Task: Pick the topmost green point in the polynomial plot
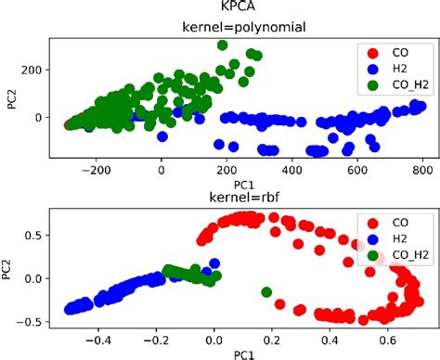click(x=222, y=45)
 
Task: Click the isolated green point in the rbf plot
click(x=266, y=292)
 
